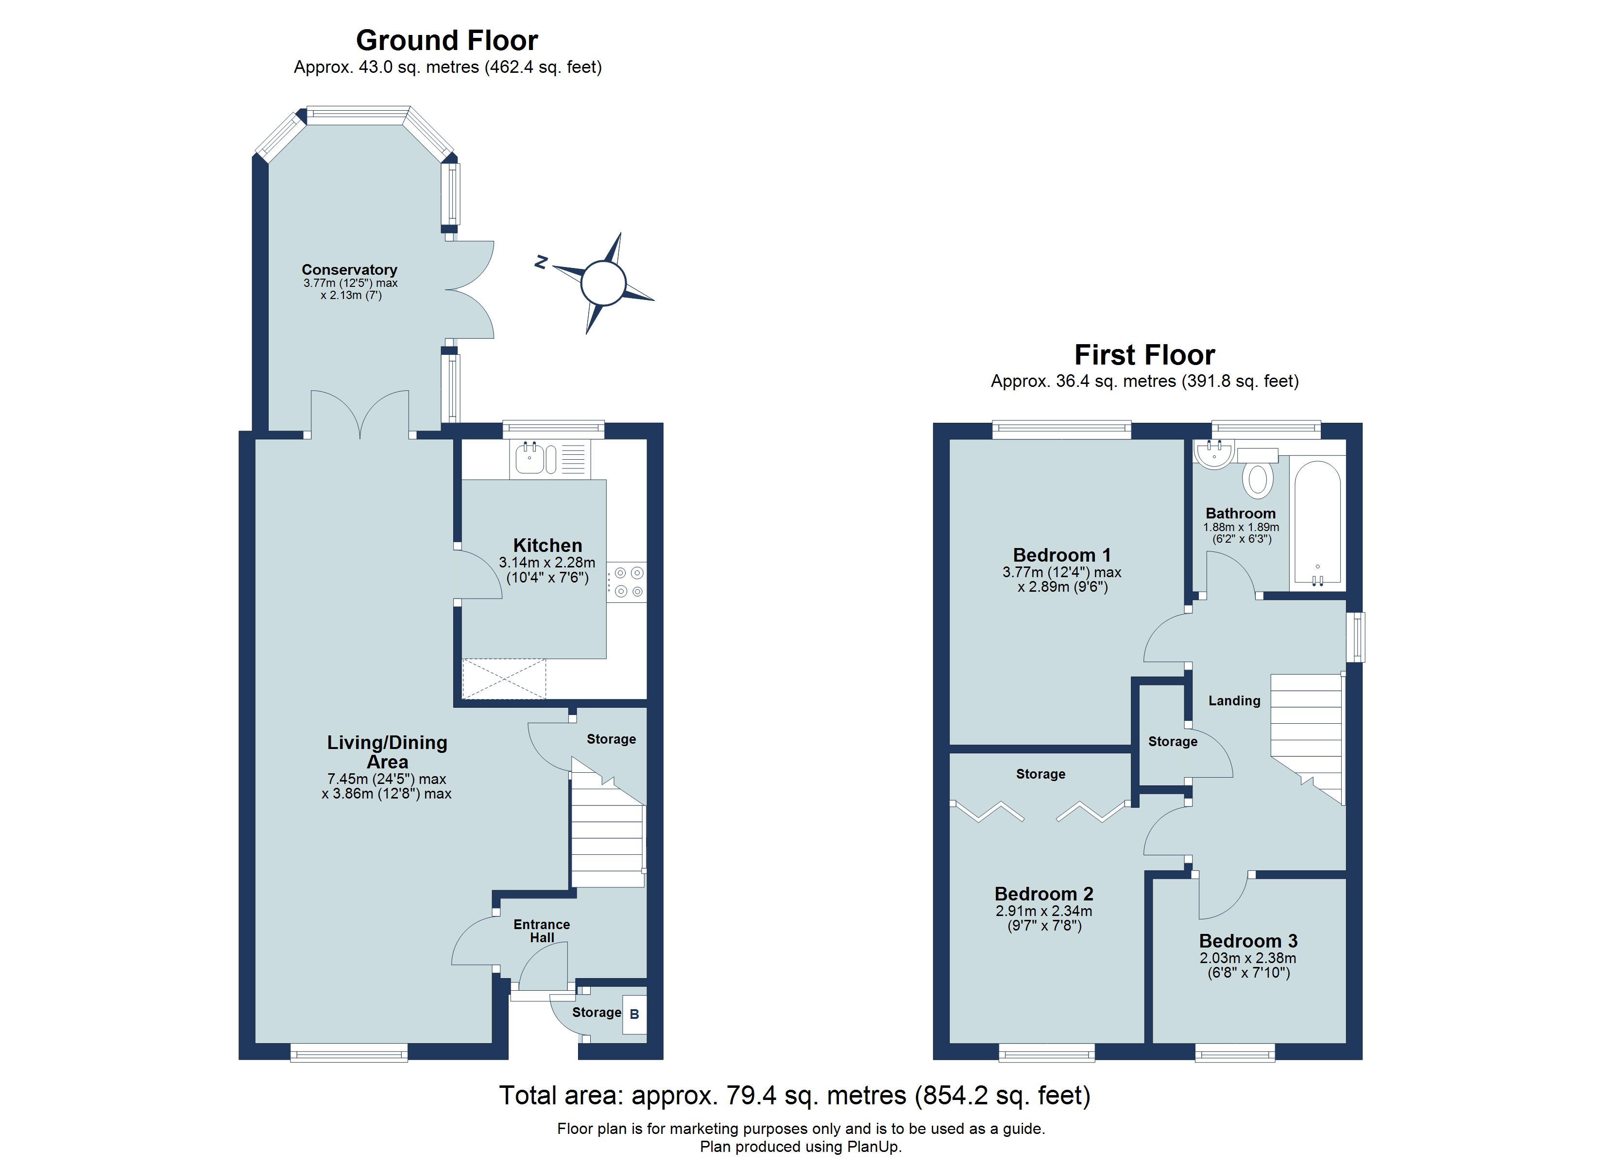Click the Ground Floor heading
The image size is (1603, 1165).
(x=447, y=41)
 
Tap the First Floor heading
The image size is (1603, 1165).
(x=1144, y=355)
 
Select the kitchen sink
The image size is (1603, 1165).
(x=529, y=459)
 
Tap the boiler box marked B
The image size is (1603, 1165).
(x=634, y=1015)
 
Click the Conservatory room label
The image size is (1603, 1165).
(x=349, y=270)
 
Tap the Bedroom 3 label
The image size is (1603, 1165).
(x=1248, y=941)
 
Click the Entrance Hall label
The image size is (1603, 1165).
(x=542, y=931)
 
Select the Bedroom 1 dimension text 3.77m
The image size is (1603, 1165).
(x=1023, y=572)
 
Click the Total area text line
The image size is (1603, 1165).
(x=794, y=1096)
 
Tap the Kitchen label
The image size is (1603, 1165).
(x=547, y=546)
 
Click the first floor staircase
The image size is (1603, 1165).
(x=1306, y=735)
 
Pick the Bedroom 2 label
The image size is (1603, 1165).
(x=1043, y=894)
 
